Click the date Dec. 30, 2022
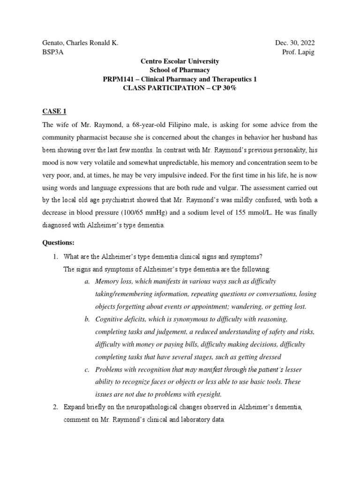295,43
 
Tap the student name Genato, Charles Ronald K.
80,43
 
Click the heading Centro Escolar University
180,61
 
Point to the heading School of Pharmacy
180,70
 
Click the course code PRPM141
120,79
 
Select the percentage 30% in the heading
223,88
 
